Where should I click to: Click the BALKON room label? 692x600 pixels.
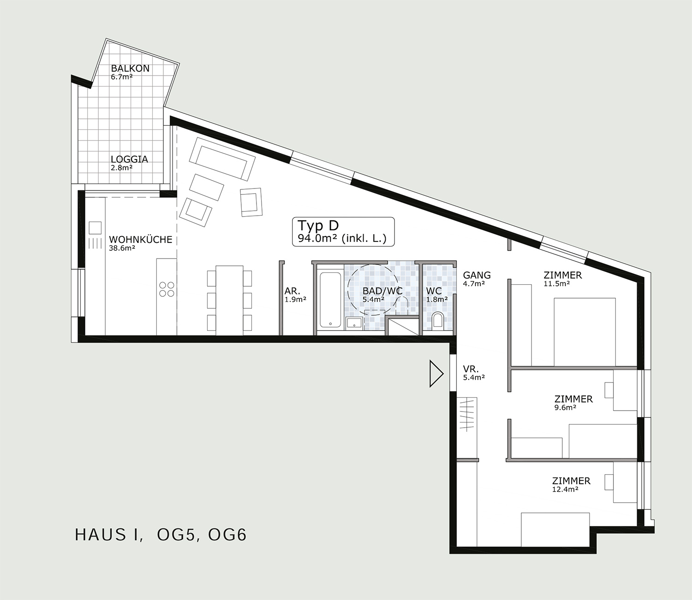pyautogui.click(x=130, y=68)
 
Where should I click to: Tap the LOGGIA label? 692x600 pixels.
pyautogui.click(x=130, y=159)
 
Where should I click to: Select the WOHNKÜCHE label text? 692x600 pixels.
pyautogui.click(x=141, y=240)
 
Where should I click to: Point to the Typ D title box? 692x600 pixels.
pyautogui.click(x=343, y=232)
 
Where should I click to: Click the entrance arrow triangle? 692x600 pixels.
pyautogui.click(x=436, y=373)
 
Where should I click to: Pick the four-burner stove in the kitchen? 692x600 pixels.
pyautogui.click(x=167, y=289)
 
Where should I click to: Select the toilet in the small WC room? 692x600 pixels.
pyautogui.click(x=438, y=320)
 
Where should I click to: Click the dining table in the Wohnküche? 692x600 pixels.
pyautogui.click(x=229, y=300)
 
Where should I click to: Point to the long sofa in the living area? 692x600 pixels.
pyautogui.click(x=222, y=159)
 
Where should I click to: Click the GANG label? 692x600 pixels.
pyautogui.click(x=477, y=275)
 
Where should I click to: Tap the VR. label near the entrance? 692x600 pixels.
pyautogui.click(x=471, y=369)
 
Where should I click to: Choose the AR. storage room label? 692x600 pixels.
pyautogui.click(x=292, y=291)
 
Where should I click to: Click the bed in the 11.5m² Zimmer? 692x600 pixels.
pyautogui.click(x=585, y=332)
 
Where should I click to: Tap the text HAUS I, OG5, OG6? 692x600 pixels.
pyautogui.click(x=161, y=535)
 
